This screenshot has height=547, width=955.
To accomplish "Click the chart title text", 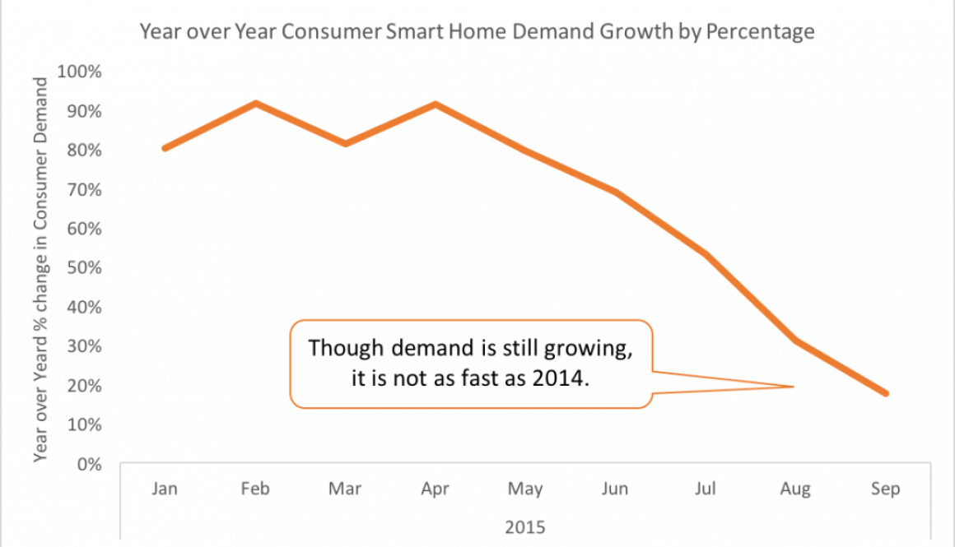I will click(x=477, y=32).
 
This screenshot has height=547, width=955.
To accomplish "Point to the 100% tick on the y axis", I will click(x=80, y=72).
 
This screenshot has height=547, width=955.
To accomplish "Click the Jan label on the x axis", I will click(x=165, y=489).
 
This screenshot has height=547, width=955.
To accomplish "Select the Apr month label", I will click(x=435, y=489).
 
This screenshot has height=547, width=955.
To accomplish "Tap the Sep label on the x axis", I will click(x=887, y=489).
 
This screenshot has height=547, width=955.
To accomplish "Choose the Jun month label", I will click(x=615, y=489).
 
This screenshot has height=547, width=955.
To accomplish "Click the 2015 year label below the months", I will click(x=525, y=526).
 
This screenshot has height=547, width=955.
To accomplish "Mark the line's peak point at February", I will click(x=256, y=103).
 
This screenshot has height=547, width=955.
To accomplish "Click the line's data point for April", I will click(x=436, y=104).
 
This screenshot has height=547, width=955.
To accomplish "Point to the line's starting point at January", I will click(x=165, y=148).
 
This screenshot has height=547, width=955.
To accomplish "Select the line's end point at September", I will click(x=886, y=393).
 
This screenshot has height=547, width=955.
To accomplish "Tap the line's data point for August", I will click(x=796, y=341).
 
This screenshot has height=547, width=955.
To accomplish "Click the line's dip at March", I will click(x=346, y=143).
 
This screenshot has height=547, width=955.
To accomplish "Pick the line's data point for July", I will click(x=706, y=254).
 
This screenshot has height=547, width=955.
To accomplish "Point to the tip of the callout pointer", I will click(x=793, y=386).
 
